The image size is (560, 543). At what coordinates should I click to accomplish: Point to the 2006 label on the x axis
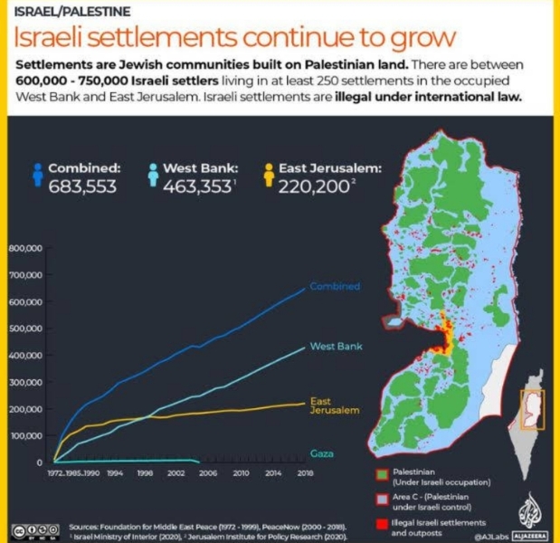207,472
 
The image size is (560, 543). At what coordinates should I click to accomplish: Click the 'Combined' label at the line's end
334,287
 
